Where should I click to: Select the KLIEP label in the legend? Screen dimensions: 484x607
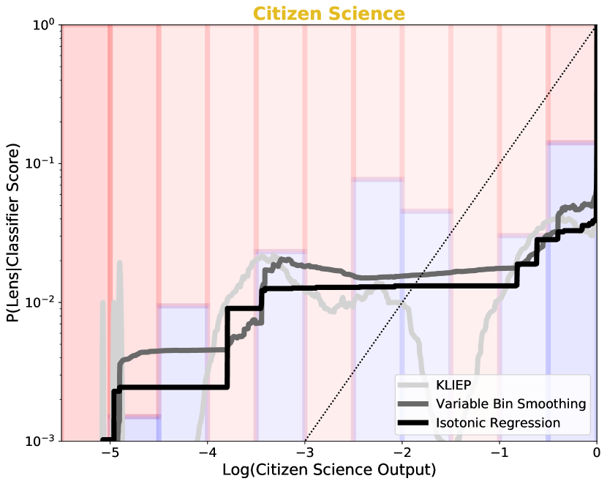[453, 385]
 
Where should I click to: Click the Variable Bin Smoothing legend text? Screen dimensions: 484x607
[510, 404]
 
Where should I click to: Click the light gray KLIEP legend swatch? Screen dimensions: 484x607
[413, 385]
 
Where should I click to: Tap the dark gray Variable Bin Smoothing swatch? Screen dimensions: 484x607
[413, 404]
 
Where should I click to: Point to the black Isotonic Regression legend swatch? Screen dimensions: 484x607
[413, 423]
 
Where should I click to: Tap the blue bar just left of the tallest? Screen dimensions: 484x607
[523, 337]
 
